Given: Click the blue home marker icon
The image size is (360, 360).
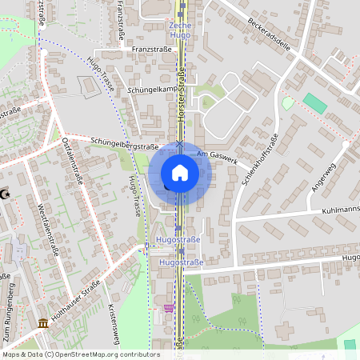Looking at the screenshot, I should [180, 172].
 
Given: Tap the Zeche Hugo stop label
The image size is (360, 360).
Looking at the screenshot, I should [181, 31].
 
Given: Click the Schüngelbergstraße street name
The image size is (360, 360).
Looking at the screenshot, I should [124, 144].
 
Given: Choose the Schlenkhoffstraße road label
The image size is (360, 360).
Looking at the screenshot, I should [257, 171].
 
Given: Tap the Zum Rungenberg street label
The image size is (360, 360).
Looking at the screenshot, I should [11, 303].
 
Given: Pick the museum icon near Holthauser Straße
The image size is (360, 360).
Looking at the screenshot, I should [42, 323].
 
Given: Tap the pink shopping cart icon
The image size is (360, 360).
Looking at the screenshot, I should [168, 307].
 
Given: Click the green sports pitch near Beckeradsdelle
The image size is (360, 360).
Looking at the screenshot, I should [315, 103].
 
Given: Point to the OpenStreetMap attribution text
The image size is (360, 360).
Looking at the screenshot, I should [81, 354].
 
